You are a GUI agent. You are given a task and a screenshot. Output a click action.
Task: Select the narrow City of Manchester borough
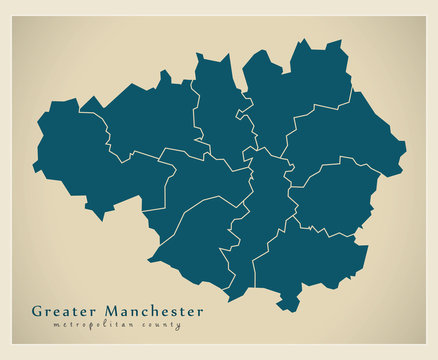pos(262,210)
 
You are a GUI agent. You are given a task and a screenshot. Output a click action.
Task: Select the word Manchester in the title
pos(149,311)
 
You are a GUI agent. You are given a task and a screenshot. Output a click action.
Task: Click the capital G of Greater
pos(37,311)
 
